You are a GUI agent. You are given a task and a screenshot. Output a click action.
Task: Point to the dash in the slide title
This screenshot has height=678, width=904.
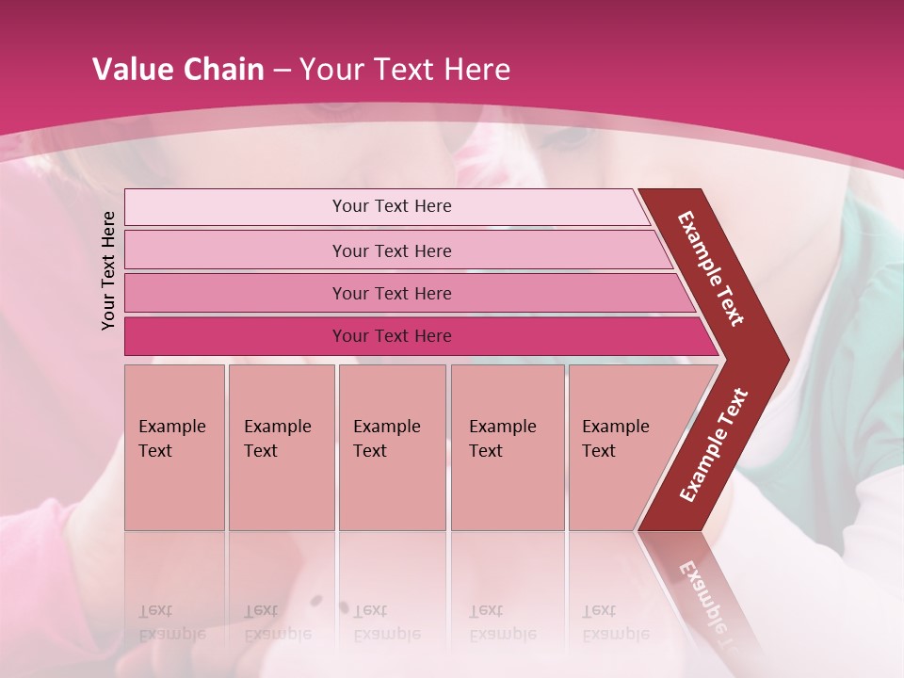(x=282, y=71)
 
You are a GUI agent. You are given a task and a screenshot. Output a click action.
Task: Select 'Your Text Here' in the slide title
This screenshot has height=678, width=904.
(x=405, y=70)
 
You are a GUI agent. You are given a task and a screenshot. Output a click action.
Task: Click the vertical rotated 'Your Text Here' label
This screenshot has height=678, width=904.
(x=108, y=270)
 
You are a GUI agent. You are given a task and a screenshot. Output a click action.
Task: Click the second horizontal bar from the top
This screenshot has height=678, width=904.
(x=392, y=250)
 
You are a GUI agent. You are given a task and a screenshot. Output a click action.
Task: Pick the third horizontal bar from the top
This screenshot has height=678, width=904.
(x=392, y=293)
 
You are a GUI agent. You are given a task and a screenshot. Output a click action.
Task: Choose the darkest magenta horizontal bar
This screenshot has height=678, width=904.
(x=392, y=336)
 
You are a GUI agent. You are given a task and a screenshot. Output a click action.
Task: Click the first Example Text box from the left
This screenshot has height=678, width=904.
(x=174, y=447)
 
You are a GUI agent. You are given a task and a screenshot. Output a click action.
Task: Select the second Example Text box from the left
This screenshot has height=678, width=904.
(x=281, y=447)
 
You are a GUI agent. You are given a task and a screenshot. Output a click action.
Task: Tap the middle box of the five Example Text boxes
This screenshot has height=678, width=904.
(x=392, y=447)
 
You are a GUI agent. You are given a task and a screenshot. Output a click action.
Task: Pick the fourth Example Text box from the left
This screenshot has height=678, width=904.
(x=508, y=447)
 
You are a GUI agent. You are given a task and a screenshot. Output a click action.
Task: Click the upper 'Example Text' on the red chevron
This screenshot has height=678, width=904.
(x=711, y=268)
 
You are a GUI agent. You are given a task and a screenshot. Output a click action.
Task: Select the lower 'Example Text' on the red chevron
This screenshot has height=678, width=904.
(x=714, y=445)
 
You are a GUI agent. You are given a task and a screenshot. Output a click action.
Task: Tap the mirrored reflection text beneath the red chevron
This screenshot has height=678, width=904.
(x=702, y=593)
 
